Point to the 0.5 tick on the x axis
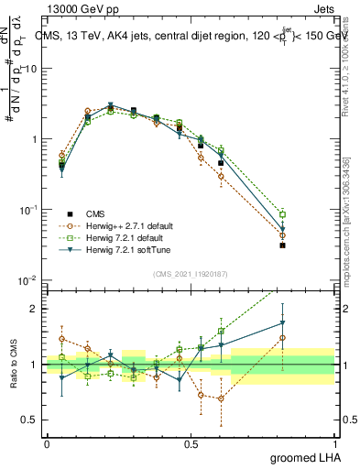(191, 442)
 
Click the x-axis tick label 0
(47, 442)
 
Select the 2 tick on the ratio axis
(35, 309)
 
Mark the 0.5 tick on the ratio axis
(29, 420)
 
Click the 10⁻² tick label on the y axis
(28, 280)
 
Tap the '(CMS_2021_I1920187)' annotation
(191, 272)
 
